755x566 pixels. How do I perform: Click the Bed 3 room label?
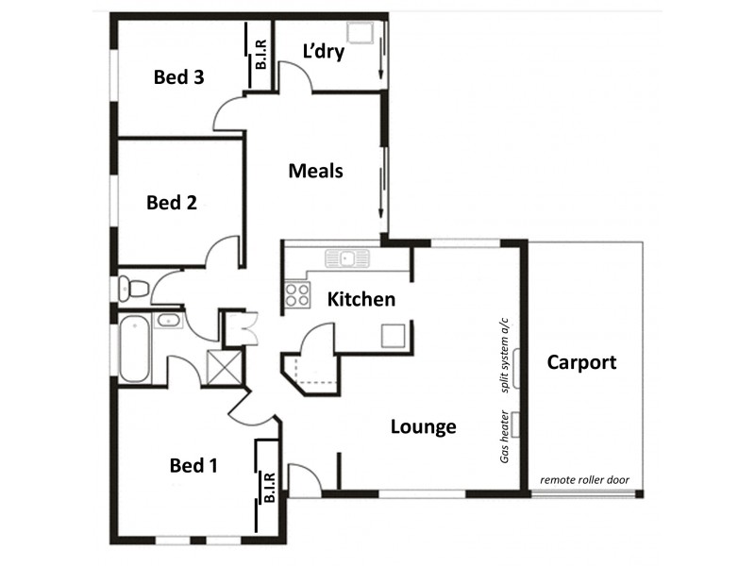click(178, 77)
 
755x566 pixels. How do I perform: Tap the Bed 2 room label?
click(171, 202)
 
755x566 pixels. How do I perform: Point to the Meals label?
click(315, 171)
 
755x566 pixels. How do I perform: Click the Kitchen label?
click(361, 299)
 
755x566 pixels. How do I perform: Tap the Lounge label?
click(424, 426)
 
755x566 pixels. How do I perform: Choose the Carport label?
click(581, 361)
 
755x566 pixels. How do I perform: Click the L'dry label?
click(323, 51)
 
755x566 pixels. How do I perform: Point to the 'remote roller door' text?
click(584, 480)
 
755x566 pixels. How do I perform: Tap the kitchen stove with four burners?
click(297, 295)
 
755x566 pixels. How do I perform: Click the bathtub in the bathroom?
click(133, 349)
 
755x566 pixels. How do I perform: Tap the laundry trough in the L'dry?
click(359, 33)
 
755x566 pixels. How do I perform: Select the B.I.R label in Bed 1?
click(269, 487)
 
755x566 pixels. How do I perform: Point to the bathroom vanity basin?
click(170, 320)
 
